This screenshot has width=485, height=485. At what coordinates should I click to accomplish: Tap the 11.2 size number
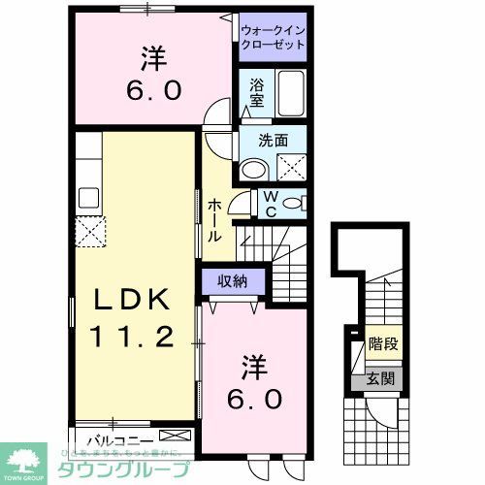click(133, 337)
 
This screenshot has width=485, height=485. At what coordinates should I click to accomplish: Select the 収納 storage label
click(230, 280)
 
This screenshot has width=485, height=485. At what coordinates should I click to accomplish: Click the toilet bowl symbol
click(297, 203)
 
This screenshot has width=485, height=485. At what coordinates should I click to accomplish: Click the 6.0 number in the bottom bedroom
click(255, 398)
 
